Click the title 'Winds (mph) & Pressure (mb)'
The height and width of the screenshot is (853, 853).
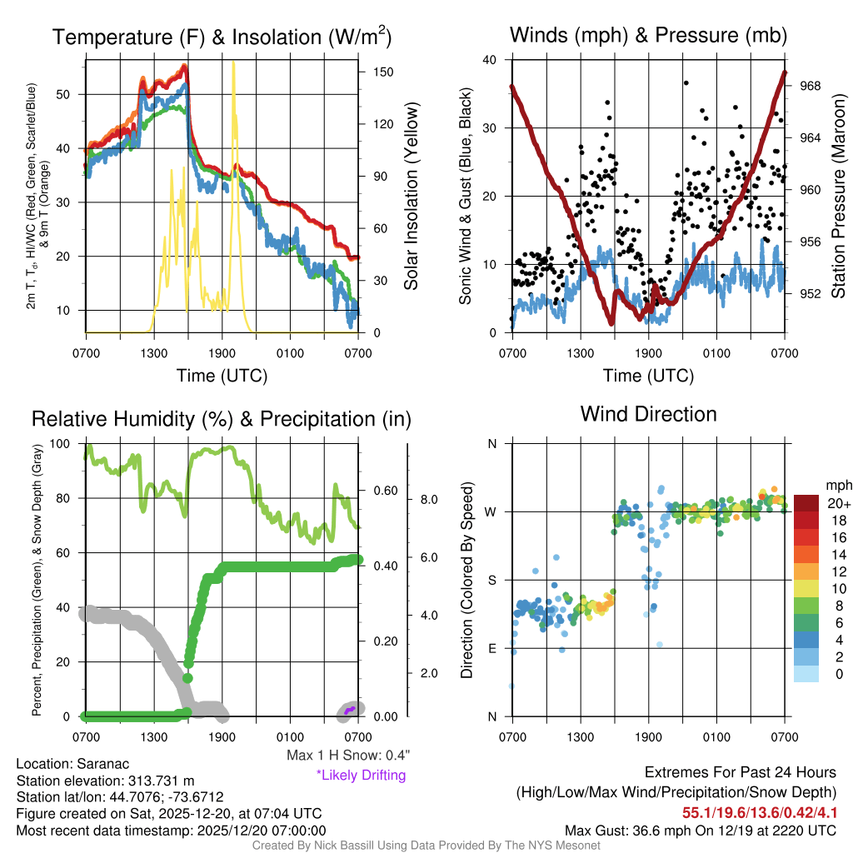coord(648,35)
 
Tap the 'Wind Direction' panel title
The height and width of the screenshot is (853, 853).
coord(648,414)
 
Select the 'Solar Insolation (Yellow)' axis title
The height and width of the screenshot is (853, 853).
coord(411,197)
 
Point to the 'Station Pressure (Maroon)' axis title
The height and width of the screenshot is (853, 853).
coord(838,197)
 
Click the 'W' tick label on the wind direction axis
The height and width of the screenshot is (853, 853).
coord(491,511)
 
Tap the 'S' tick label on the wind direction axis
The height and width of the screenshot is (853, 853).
coord(491,580)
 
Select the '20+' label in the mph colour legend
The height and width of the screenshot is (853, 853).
coord(838,503)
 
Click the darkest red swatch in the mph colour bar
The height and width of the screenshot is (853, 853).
coord(806,503)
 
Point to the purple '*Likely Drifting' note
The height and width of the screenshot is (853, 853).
coord(361,776)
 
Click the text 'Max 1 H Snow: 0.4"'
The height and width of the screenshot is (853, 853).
coord(347,756)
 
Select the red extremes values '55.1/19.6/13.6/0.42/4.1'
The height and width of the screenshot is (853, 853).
coord(760,812)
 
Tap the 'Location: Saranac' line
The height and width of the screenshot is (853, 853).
coord(72,764)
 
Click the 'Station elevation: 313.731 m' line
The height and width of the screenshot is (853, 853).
coord(105,781)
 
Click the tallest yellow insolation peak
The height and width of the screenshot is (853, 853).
coord(234,67)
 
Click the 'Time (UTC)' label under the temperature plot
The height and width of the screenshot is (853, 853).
coord(222,376)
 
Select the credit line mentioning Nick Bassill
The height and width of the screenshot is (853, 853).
coord(426,846)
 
